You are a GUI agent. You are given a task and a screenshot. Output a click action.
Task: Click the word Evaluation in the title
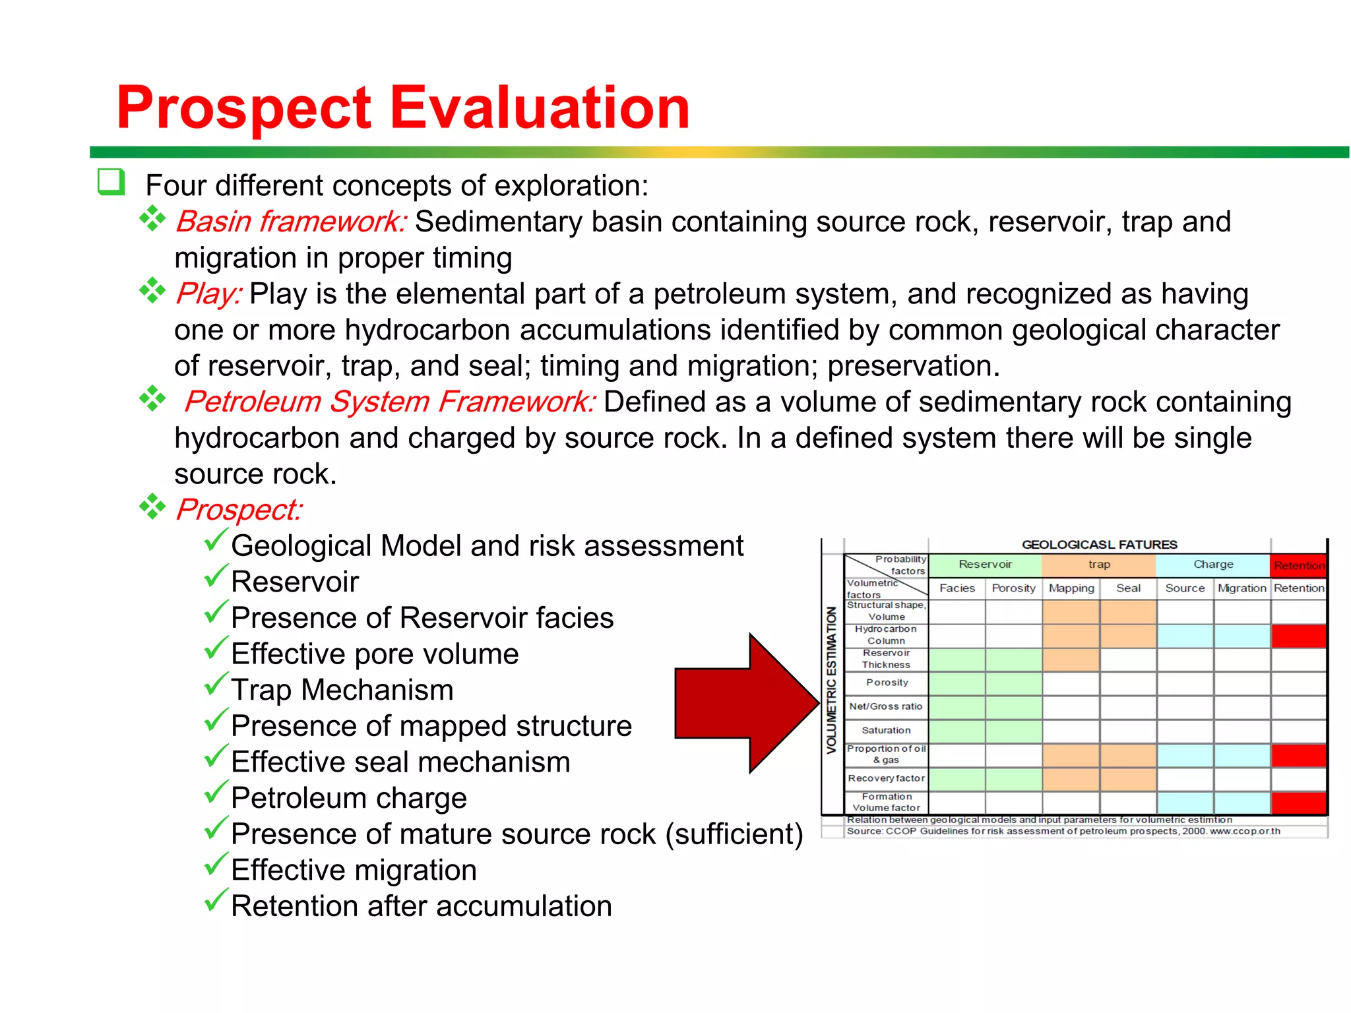[x=540, y=107]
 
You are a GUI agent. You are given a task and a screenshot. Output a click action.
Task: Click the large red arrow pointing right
[x=745, y=703]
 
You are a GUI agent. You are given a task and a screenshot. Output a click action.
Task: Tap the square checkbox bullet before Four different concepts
[x=111, y=182]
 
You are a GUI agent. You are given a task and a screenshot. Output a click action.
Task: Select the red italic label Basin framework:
[x=290, y=222]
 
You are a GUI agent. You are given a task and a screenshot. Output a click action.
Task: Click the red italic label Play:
[x=208, y=293]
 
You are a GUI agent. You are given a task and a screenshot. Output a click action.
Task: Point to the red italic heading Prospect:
[x=239, y=510]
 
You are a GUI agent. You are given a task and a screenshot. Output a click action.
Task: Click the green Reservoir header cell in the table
[x=985, y=565]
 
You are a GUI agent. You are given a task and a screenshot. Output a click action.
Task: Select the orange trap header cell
[x=1099, y=565]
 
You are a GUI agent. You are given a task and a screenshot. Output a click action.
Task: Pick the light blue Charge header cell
[x=1213, y=565]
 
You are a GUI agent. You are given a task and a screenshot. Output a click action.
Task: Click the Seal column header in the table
[x=1128, y=588]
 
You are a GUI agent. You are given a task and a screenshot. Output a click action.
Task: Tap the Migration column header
[x=1241, y=588]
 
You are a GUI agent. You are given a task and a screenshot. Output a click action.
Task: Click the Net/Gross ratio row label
[x=886, y=706]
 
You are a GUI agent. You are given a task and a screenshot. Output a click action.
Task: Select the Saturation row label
[x=886, y=730]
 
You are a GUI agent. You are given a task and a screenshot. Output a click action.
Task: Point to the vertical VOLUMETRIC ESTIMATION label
[x=832, y=679]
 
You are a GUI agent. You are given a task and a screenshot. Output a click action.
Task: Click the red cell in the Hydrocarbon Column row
[x=1299, y=636]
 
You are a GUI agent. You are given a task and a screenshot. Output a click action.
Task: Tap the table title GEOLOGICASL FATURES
[x=1099, y=545]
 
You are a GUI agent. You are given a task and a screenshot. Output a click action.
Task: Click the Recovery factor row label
[x=886, y=778]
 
